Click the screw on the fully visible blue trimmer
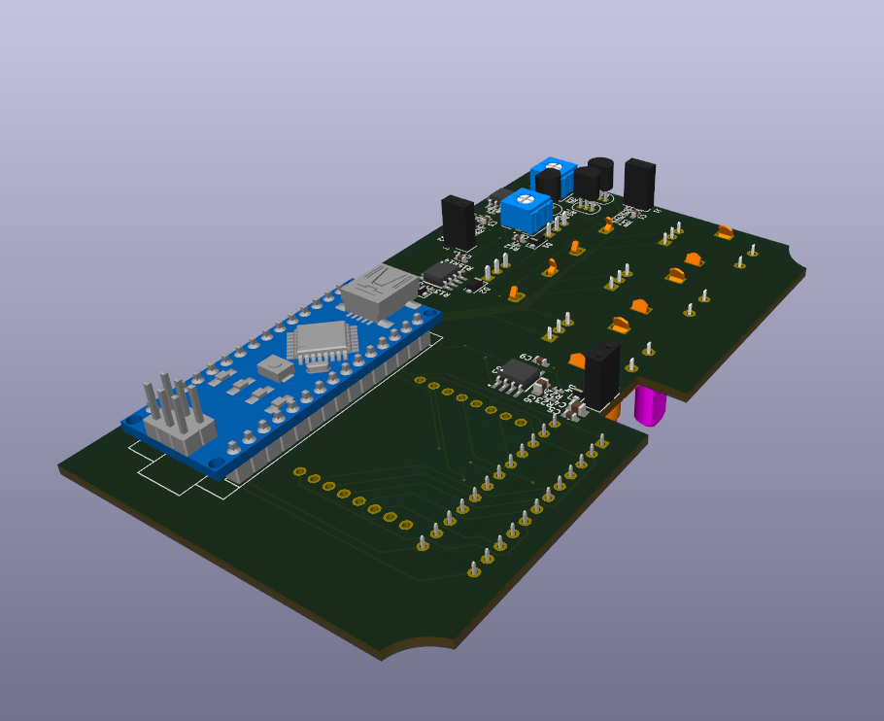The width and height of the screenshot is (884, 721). pyautogui.click(x=527, y=205)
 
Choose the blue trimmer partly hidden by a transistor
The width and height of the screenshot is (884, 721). pyautogui.click(x=551, y=176)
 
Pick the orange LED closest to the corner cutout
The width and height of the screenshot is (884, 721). pyautogui.click(x=724, y=231)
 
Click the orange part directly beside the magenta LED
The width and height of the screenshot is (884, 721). pyautogui.click(x=613, y=411)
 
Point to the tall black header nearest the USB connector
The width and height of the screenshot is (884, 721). pyautogui.click(x=459, y=223)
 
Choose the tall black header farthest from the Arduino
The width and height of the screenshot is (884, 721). pyautogui.click(x=640, y=184)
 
